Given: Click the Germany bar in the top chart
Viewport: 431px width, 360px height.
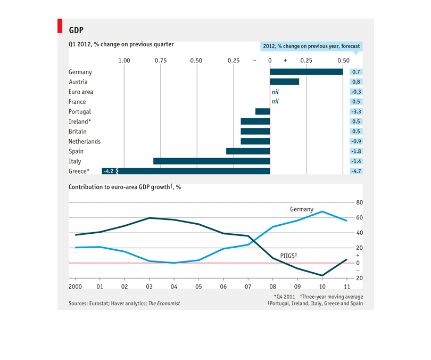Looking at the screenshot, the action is [x=306, y=72].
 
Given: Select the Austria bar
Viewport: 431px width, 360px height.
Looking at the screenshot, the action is [x=285, y=81].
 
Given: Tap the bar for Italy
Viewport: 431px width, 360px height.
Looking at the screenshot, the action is [x=212, y=161].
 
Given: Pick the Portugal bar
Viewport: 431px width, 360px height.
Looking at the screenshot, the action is [x=262, y=111].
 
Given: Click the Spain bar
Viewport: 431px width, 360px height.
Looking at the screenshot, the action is [x=248, y=151].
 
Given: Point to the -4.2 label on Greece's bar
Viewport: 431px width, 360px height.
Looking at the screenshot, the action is [x=109, y=171].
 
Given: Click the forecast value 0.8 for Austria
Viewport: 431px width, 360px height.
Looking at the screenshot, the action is [x=356, y=81].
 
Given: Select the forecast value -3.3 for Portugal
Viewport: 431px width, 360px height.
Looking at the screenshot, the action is [x=356, y=111].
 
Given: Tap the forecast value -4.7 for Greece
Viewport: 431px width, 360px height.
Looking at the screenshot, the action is [x=356, y=171].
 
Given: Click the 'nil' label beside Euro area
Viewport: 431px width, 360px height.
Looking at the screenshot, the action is [x=275, y=92].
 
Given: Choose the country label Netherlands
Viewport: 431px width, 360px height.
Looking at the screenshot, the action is [x=85, y=141].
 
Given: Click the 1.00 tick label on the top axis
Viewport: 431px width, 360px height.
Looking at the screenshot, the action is [x=124, y=61].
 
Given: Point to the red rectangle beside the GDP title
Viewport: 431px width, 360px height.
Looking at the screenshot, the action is [x=60, y=26].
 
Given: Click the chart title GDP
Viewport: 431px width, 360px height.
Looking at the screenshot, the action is [x=76, y=30].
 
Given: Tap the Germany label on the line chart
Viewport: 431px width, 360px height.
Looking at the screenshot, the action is [x=302, y=210].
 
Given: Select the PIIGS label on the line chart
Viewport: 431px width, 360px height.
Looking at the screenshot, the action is [x=288, y=256].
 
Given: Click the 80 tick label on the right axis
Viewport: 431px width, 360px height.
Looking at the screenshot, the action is [x=360, y=202].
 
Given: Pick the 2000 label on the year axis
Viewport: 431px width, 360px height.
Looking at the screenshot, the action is [x=75, y=287].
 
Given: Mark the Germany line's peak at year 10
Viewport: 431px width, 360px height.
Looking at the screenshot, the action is [x=322, y=211].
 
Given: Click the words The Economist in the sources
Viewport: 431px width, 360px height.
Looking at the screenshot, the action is [x=164, y=304].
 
